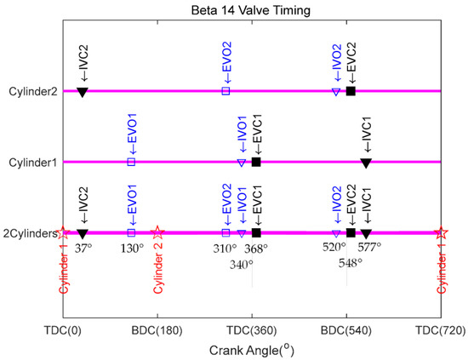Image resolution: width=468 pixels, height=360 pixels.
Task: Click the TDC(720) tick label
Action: [x=440, y=329]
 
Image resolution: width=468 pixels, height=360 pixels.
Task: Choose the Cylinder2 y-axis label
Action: [x=34, y=90]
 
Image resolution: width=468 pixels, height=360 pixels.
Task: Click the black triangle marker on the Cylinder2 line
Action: [x=83, y=91]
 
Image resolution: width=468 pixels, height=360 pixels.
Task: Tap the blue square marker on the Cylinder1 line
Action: [x=131, y=162]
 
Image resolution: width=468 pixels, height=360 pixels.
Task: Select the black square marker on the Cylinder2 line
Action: [x=351, y=91]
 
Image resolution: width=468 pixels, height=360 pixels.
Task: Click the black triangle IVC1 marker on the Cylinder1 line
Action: [x=366, y=162]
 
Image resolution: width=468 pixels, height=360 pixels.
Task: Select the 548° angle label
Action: [x=351, y=263]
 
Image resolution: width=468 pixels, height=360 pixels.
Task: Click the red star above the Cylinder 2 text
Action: [x=157, y=232]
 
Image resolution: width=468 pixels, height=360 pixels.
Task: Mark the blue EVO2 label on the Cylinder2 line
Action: [x=225, y=64]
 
